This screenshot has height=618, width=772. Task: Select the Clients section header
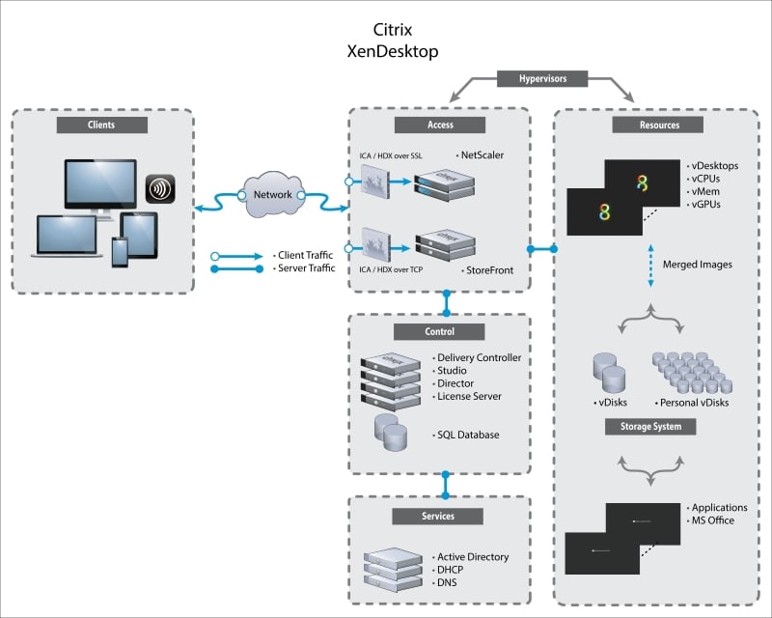point(100,125)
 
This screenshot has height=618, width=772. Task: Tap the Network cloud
point(273,194)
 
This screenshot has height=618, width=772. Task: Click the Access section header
point(438,125)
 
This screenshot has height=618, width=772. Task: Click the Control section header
point(438,331)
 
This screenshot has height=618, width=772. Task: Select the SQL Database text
point(468,435)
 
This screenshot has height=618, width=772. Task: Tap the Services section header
point(438,517)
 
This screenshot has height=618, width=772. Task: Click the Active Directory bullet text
point(472,557)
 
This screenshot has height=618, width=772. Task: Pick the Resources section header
point(658,125)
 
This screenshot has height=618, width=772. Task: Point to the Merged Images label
point(697,265)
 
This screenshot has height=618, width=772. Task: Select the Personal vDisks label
point(692,403)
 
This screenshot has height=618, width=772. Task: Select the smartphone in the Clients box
point(119,253)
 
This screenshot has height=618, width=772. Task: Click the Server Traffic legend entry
point(305,268)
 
